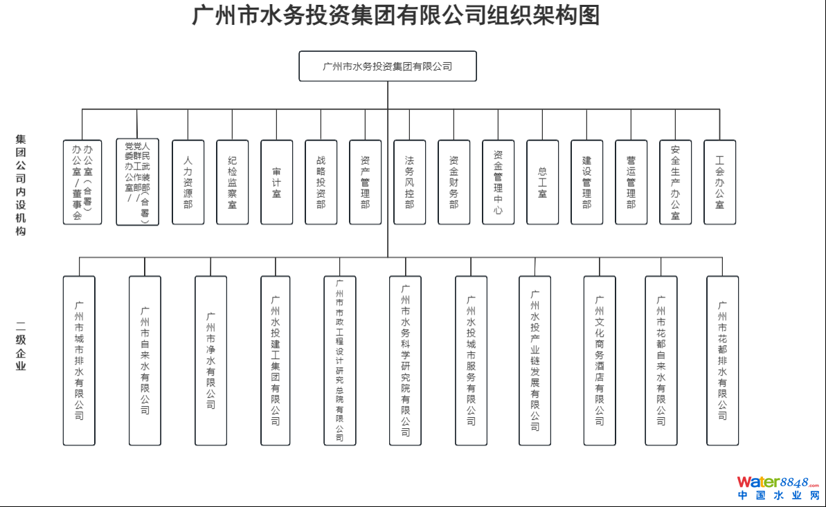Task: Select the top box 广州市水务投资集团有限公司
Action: [388, 66]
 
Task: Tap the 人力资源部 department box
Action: [188, 182]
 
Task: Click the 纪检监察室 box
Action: [233, 182]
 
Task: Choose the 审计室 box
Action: [277, 182]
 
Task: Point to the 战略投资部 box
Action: [321, 182]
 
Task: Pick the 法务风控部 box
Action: [410, 182]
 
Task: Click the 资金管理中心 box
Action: [499, 182]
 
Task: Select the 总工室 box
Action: [543, 182]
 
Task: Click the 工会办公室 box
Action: [720, 182]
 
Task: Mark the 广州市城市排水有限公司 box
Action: [79, 360]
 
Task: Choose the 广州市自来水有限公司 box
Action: [145, 360]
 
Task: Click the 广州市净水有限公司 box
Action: [210, 360]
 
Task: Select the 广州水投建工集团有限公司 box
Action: [276, 360]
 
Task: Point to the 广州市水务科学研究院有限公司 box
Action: [405, 360]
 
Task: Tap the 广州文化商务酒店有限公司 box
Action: [600, 360]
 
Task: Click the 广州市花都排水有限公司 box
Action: [722, 360]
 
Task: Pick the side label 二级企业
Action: [21, 346]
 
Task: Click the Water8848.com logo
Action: [778, 488]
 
